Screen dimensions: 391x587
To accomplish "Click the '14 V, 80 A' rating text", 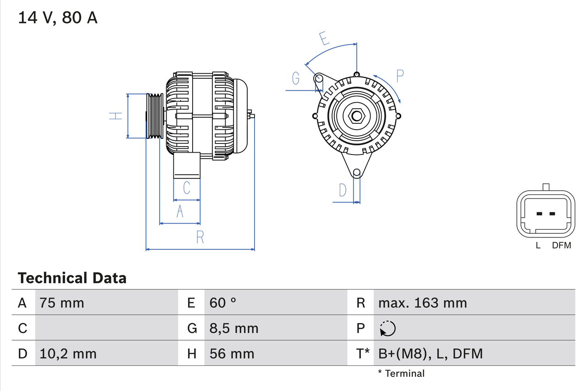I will coord(58,18).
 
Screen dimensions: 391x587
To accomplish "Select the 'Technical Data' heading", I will coord(72,278).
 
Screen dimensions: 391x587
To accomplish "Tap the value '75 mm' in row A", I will coord(61,303).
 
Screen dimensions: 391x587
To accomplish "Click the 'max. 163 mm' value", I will coord(422,303).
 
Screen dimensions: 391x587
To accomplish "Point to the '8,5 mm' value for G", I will coord(234,328).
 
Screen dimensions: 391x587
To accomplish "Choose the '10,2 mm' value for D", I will coord(68,353).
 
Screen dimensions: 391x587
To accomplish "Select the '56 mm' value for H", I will coord(232,353).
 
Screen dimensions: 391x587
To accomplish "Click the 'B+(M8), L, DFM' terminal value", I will coord(431,353).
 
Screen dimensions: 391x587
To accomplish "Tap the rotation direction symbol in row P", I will coord(388,328).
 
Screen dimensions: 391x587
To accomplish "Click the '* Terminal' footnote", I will coord(401,374).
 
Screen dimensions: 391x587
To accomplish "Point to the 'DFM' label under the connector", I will coord(561,246).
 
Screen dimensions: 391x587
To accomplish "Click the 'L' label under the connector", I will coord(538,246).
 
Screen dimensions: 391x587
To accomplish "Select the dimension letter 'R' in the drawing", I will coord(200,237).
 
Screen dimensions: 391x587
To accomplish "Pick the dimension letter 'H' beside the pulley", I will coord(116,116).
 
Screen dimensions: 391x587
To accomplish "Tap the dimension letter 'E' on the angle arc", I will coord(325,39).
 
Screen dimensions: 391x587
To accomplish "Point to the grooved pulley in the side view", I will coord(155,116).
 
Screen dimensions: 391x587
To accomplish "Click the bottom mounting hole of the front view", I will coord(357,173).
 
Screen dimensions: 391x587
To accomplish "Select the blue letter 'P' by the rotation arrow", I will coord(400,76).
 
